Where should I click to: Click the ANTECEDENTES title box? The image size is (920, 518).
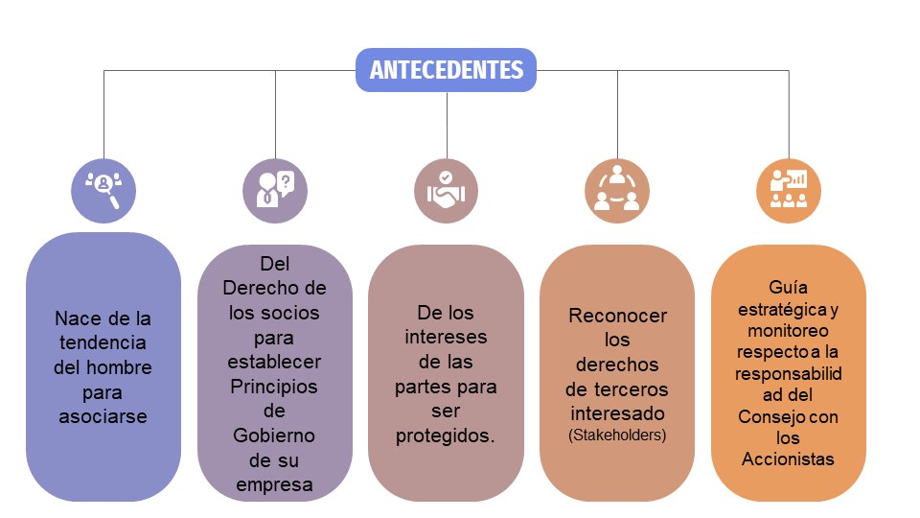tap(446, 70)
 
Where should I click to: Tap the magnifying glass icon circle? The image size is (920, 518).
tap(103, 191)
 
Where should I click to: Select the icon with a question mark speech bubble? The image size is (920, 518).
tap(275, 191)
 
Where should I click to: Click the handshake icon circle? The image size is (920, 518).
tap(446, 191)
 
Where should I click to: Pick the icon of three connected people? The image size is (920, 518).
tap(617, 191)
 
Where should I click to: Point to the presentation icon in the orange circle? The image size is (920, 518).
tap(789, 191)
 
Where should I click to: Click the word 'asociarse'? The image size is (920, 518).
tap(103, 416)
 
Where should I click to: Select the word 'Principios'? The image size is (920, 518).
tap(274, 387)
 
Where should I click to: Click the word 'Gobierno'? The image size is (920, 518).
tap(274, 436)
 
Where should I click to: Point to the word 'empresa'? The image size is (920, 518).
tap(274, 485)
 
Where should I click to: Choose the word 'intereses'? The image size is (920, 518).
tap(446, 337)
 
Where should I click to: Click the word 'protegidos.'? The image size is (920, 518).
tap(446, 436)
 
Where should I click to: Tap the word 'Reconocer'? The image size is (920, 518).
tap(618, 316)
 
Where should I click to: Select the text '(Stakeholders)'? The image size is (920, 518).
tap(617, 436)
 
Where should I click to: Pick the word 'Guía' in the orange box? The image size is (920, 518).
tap(788, 287)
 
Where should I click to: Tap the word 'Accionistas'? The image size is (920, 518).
tap(788, 459)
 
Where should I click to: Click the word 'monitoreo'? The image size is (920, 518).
tap(788, 331)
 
